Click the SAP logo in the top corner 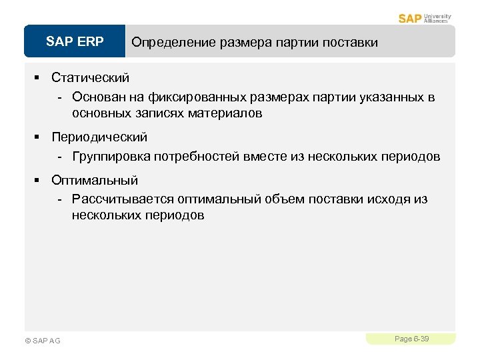410,18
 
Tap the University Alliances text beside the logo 437,18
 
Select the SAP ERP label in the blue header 75,42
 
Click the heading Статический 90,77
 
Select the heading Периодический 99,137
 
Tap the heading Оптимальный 95,180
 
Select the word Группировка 111,157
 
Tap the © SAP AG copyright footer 42,341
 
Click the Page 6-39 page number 411,339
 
